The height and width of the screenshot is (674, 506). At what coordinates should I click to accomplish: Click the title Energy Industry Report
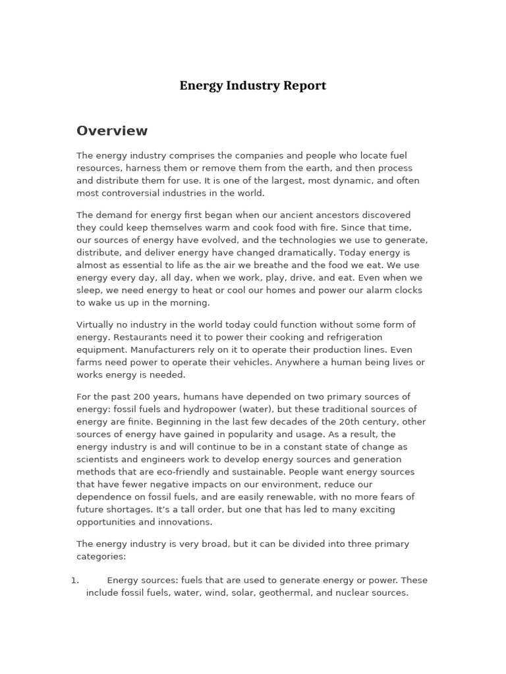coord(252,86)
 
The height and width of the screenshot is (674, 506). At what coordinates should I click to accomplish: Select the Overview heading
coord(112,131)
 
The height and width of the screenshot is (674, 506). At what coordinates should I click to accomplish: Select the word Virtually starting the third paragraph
coord(96,324)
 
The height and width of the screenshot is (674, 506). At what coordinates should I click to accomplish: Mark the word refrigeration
coord(352,337)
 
